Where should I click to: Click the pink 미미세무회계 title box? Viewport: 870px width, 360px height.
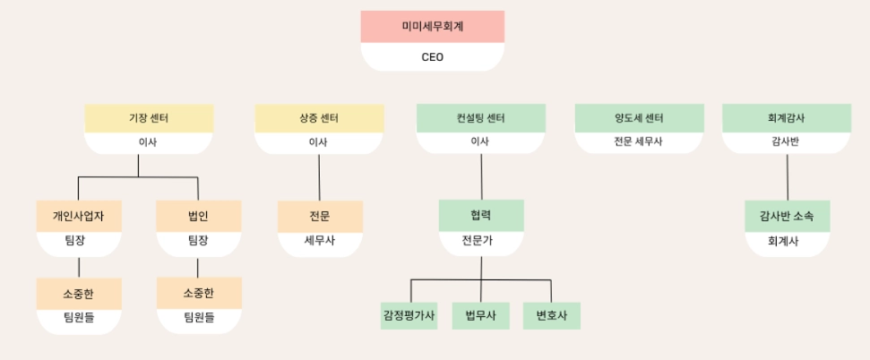coord(432,27)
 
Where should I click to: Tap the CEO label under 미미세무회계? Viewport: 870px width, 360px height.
coord(432,57)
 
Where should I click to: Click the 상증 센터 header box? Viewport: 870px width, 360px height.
coord(319,118)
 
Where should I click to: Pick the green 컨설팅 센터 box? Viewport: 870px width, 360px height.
coord(480,118)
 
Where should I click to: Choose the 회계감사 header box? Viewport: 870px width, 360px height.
coord(786,118)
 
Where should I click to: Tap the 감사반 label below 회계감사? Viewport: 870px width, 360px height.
coord(786,141)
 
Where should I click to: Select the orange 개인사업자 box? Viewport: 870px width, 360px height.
coord(79,216)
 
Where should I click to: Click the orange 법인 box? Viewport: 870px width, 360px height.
coord(198,216)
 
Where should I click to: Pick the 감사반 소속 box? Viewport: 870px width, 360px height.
coord(787,216)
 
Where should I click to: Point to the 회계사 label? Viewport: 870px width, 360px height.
coord(787,242)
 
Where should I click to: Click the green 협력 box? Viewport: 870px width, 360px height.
coord(481,216)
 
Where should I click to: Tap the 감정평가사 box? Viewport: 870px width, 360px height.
coord(409,315)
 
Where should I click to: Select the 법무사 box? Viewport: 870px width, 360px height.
coord(480,315)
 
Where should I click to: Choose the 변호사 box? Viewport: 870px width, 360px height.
coord(552,315)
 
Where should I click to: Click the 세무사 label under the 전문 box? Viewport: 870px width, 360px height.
coord(320,241)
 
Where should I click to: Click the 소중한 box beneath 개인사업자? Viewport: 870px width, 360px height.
coord(79,293)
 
